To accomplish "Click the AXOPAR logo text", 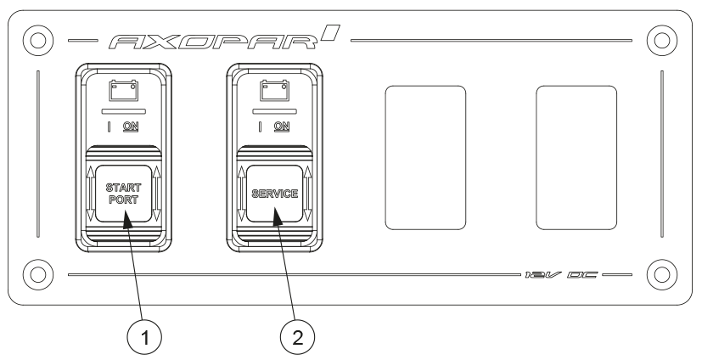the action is [x=225, y=37].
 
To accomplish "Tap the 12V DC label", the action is [x=561, y=274].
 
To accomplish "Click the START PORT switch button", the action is [x=124, y=194].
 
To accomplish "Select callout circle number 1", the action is [x=144, y=338].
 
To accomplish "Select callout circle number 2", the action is [x=297, y=338].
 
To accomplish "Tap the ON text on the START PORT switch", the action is [x=131, y=127].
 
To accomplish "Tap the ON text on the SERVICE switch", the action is [x=282, y=127].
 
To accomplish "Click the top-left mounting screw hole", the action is [x=38, y=40].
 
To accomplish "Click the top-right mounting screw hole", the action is [x=662, y=40].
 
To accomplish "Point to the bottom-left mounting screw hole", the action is [x=38, y=274].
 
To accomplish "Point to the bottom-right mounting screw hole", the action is [x=662, y=274].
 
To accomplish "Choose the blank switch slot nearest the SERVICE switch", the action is [x=426, y=158].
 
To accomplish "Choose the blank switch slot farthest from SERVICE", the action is [x=576, y=158].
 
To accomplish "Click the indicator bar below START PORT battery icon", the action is [x=124, y=110].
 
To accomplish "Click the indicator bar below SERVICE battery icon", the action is [x=275, y=110].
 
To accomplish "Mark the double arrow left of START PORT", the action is [x=91, y=194].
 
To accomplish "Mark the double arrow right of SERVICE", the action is [x=307, y=194].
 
